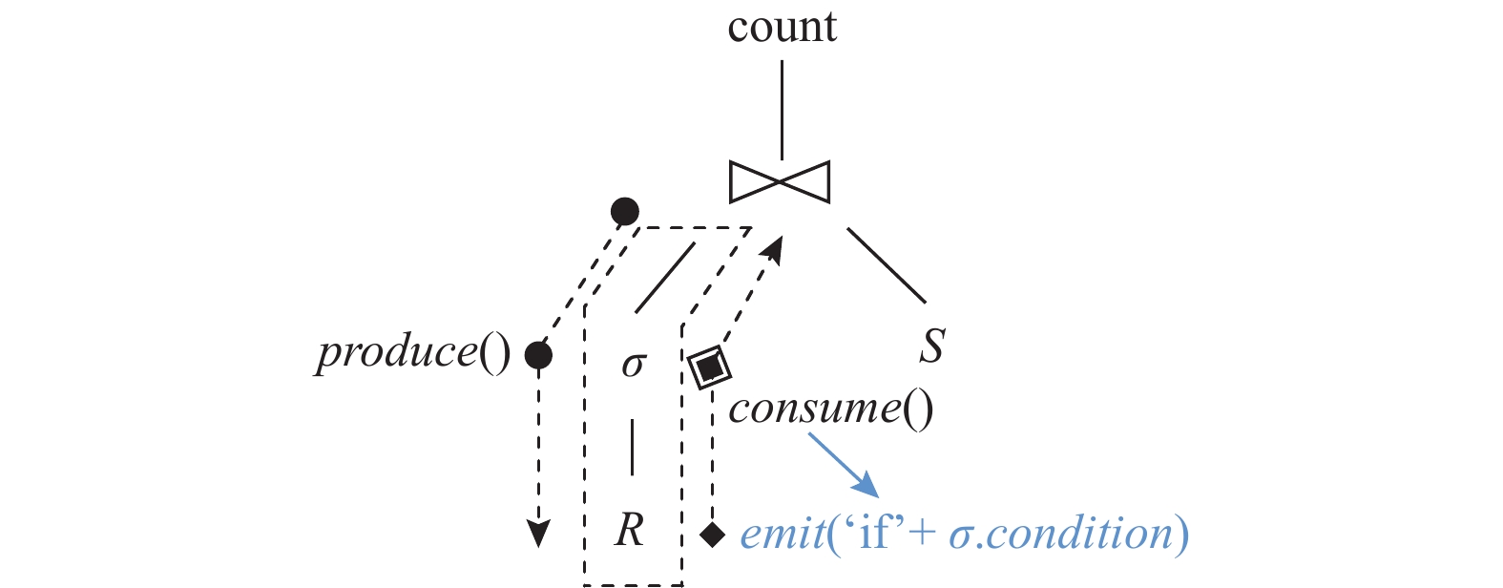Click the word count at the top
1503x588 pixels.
pos(782,27)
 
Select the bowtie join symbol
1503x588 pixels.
pos(780,181)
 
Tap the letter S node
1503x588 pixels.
pos(931,346)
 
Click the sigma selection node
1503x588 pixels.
pos(634,364)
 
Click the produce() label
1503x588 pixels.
pos(413,353)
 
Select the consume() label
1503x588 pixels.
pos(830,409)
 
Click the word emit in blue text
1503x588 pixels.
pos(783,533)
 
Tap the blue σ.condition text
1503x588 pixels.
pos(1060,533)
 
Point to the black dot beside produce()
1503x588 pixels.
pos(538,356)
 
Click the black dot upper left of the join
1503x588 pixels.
pos(624,211)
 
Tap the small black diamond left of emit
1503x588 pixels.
pos(712,535)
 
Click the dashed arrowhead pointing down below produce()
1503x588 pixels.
pos(539,534)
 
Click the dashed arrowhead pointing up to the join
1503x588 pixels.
pos(775,249)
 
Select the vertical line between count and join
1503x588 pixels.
pos(782,110)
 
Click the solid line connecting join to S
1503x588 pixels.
pos(886,265)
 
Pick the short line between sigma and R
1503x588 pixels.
pos(632,447)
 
